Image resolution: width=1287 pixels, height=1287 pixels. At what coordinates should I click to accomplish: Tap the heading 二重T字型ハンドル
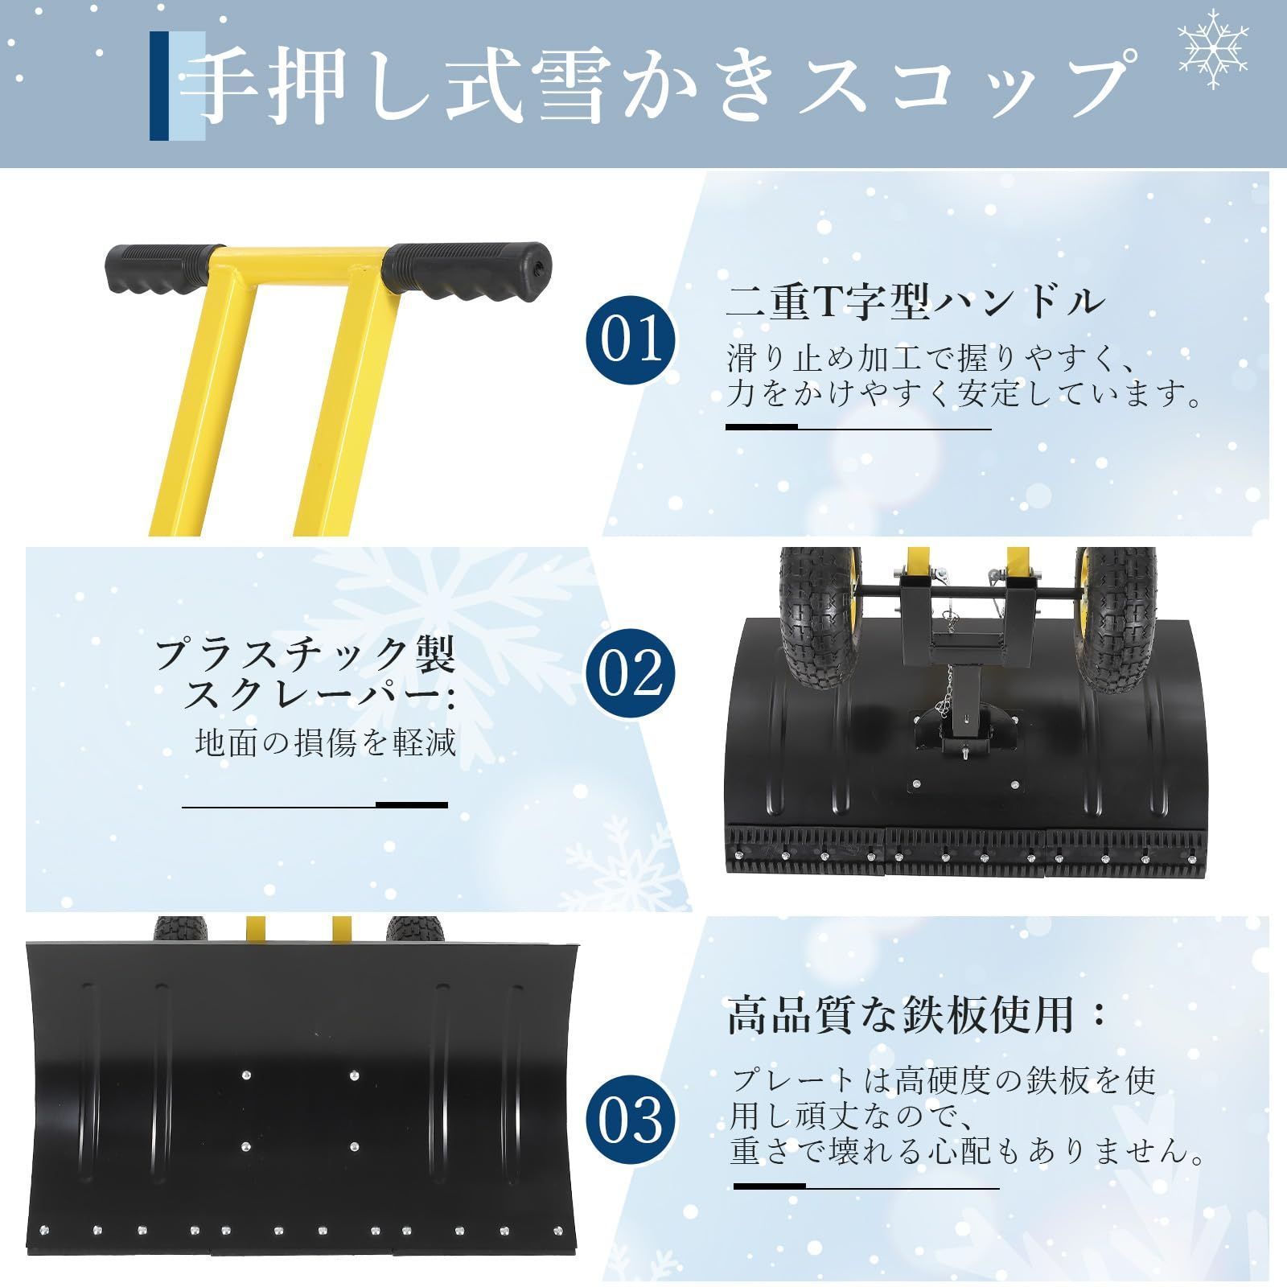[x=915, y=302]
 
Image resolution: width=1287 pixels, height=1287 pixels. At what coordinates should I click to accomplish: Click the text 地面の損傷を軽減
[x=326, y=742]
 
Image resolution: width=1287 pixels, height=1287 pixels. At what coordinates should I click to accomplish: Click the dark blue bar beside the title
[x=159, y=85]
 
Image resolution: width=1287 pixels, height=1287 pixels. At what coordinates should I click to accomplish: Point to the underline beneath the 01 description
[x=858, y=428]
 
